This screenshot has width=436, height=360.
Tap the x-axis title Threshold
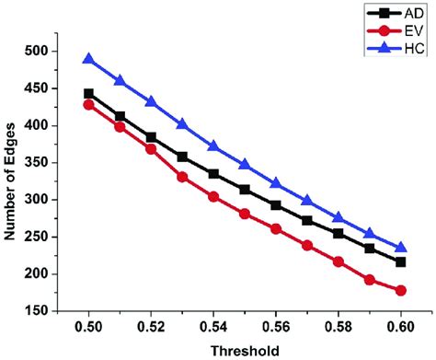[x=245, y=350]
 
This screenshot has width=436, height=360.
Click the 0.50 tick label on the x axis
[x=89, y=326]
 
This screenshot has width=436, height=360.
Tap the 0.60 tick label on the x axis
[x=400, y=326]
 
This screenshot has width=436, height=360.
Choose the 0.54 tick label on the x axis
[x=213, y=326]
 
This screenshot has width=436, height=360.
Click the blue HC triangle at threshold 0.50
[x=89, y=59]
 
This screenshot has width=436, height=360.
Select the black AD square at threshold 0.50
[x=89, y=94]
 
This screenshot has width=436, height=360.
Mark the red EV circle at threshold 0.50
[x=89, y=105]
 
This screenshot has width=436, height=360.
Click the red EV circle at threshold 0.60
[x=400, y=290]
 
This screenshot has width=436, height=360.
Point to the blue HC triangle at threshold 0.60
[x=400, y=247]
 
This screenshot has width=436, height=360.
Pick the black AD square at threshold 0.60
[x=400, y=262]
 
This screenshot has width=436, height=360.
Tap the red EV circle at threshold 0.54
[x=213, y=197]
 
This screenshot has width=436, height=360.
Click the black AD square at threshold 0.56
[x=276, y=205]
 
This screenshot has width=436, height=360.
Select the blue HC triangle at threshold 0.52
[x=152, y=101]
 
